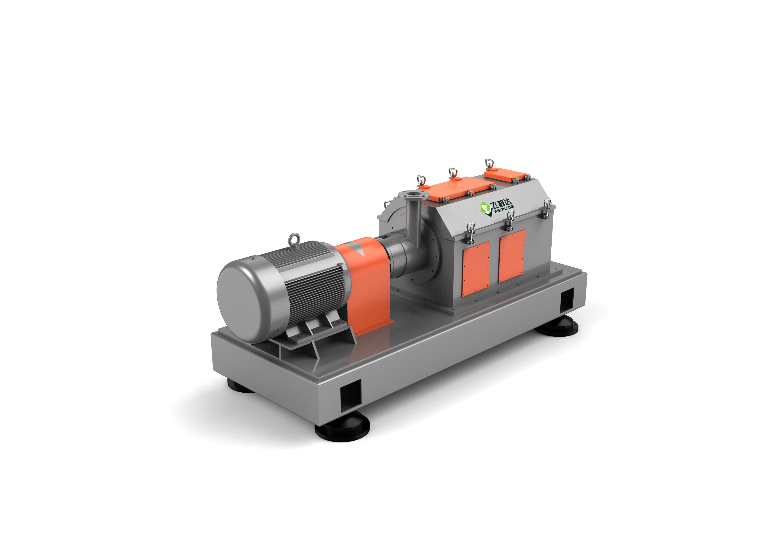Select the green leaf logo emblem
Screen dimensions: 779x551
[486, 208]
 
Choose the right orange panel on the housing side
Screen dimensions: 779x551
[512, 256]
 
